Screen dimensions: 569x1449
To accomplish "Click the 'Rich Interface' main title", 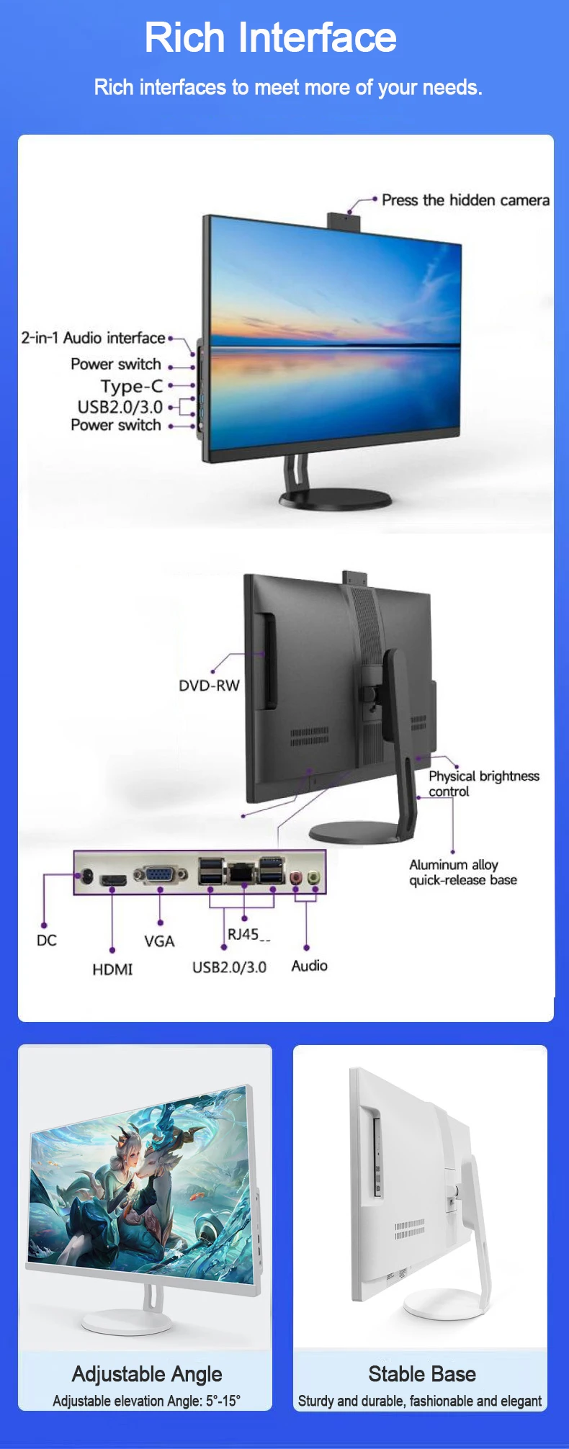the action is pos(270,37).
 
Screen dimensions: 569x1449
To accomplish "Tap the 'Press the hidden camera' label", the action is pos(465,200).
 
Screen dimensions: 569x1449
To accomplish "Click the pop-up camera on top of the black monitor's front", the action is pos(345,220).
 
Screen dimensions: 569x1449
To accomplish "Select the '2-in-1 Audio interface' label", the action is pos(93,338).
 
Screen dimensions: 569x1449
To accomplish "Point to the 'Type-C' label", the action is pos(132,386).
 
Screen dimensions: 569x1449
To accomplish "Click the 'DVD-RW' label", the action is pos(209,686).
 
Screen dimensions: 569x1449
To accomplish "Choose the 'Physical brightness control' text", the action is pos(483,784).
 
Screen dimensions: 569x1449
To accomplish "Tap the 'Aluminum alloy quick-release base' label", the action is pos(462,872).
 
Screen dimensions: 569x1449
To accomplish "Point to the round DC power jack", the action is pos(86,876).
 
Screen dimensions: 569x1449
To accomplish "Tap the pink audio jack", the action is pos(295,878).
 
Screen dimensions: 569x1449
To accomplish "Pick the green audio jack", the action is pos(313,878).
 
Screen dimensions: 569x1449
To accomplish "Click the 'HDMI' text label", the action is pos(112,969).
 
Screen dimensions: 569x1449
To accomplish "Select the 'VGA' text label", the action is pos(159,941).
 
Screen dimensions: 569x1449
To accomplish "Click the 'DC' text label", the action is pos(46,941).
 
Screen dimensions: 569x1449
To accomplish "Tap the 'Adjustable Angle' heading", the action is pos(147,1373).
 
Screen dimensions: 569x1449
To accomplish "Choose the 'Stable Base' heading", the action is pos(422,1373).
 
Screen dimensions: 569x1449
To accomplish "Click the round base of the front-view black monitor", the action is pos(336,498).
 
